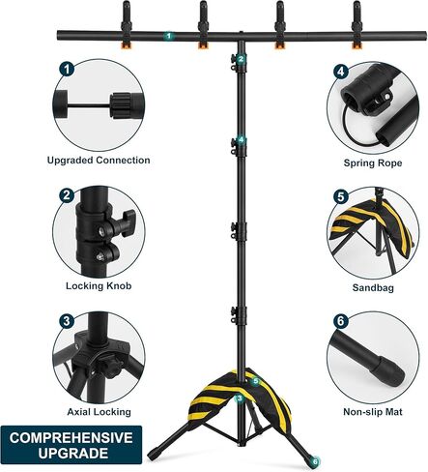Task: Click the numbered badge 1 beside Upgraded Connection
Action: [x=67, y=70]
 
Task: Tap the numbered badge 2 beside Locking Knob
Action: [x=67, y=195]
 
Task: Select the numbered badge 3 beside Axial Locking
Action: [x=67, y=321]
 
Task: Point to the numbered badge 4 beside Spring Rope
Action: [x=341, y=71]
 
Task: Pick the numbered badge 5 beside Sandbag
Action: [x=341, y=195]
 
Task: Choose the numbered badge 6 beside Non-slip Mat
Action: [x=341, y=321]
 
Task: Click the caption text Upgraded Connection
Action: [x=99, y=160]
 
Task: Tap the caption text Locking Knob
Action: [x=99, y=286]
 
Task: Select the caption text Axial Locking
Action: [x=99, y=412]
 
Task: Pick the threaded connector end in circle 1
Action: [x=123, y=103]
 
